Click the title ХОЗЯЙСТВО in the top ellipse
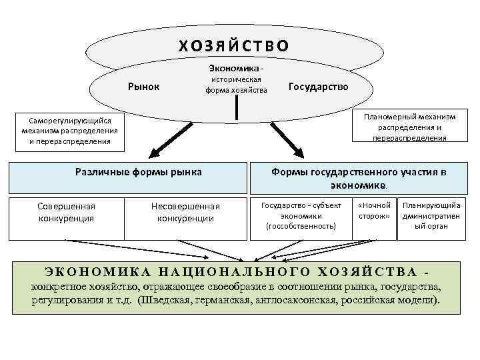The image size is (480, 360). (x=233, y=46)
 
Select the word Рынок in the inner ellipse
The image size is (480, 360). (x=143, y=86)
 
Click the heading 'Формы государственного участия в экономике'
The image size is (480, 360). (x=358, y=178)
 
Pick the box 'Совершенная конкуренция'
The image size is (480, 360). (x=66, y=212)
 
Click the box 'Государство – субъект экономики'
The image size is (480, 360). (x=301, y=216)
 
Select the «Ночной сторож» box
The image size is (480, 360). (x=374, y=211)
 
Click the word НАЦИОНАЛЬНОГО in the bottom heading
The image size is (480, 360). (x=236, y=272)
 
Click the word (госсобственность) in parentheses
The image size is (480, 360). (x=301, y=226)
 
